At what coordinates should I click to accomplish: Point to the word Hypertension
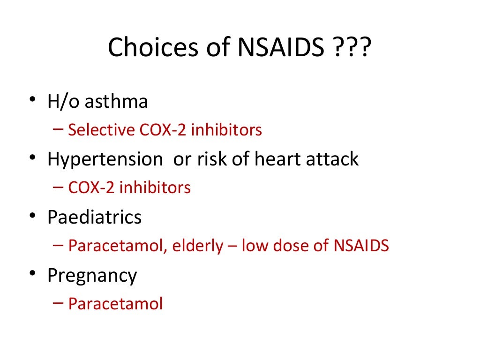pyautogui.click(x=105, y=159)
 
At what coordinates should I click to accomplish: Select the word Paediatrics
pyautogui.click(x=94, y=217)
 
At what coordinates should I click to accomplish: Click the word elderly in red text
pyautogui.click(x=197, y=246)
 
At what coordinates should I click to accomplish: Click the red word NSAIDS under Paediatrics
pyautogui.click(x=361, y=246)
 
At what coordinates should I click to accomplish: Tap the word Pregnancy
pyautogui.click(x=92, y=276)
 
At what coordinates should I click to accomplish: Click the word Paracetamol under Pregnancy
pyautogui.click(x=115, y=304)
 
